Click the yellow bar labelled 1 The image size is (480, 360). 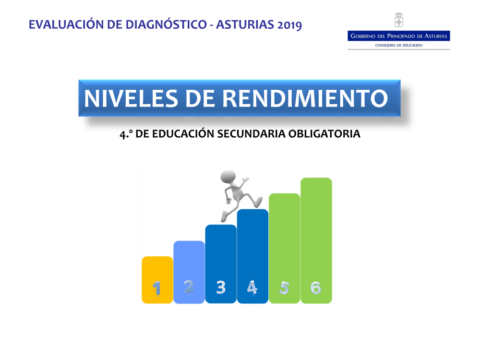point(157,280)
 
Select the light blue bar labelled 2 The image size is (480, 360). point(189,272)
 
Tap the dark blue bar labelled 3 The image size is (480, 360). point(221,264)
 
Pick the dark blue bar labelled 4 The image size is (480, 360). point(252,256)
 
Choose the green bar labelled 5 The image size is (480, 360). point(284,248)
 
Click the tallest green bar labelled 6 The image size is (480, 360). point(316,240)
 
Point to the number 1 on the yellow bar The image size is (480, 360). point(157,288)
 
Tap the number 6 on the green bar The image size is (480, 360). point(316,288)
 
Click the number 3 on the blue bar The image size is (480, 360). point(221,288)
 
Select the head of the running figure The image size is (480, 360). point(228,177)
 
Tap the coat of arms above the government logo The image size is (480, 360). point(398,20)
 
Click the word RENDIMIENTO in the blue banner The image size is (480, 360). point(305,98)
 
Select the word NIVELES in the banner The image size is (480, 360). point(131,98)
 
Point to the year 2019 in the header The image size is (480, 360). point(289,25)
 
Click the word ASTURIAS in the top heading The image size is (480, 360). point(245,24)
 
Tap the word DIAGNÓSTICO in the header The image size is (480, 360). point(166,24)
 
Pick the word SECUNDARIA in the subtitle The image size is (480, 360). point(252,134)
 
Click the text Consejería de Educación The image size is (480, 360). point(398,45)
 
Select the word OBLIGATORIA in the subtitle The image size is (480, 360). point(324,134)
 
